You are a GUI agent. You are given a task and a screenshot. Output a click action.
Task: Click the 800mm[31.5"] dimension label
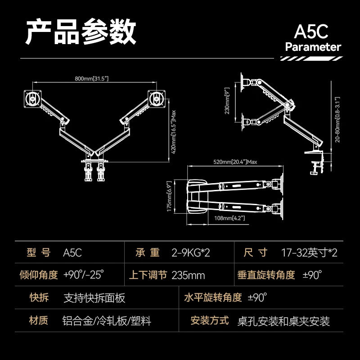[92, 78]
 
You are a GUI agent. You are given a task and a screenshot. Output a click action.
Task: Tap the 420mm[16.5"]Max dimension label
[174, 132]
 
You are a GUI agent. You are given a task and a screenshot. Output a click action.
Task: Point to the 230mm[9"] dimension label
[227, 100]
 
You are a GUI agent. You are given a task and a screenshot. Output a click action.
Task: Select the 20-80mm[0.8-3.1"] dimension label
[337, 120]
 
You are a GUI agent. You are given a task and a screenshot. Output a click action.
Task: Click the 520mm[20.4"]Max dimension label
[235, 162]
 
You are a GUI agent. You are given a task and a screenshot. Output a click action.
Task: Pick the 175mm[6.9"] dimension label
[169, 196]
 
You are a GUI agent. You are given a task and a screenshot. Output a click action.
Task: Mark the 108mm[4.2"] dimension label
[229, 218]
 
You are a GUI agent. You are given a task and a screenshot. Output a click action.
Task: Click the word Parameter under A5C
[313, 47]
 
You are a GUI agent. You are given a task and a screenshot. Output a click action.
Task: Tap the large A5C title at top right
[311, 31]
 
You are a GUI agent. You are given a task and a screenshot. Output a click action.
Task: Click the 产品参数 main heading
[81, 31]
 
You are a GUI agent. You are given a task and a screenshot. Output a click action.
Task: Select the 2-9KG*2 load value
[191, 253]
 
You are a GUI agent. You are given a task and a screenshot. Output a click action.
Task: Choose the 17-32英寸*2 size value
[309, 253]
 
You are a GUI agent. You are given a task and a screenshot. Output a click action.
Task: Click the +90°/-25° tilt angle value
[84, 274]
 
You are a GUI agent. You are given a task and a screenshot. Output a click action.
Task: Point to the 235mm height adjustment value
[188, 275]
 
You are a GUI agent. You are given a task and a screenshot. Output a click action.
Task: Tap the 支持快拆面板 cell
[94, 298]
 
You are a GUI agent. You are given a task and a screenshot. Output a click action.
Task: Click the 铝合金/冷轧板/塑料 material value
[107, 321]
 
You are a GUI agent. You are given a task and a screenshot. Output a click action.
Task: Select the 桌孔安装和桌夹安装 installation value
[283, 321]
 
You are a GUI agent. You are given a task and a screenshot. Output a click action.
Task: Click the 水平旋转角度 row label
[213, 297]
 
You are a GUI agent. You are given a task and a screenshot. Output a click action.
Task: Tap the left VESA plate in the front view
[33, 99]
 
